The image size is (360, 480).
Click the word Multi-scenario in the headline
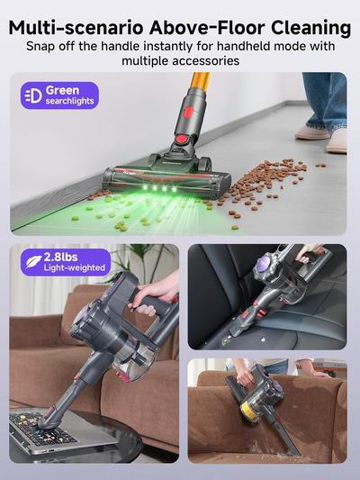tap(76, 28)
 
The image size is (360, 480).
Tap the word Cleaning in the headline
tap(310, 28)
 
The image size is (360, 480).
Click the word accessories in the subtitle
tap(206, 61)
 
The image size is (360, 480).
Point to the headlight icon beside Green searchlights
tap(32, 96)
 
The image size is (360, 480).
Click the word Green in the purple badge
tap(62, 90)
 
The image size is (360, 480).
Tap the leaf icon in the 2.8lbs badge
tap(33, 262)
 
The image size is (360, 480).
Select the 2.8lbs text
tap(61, 258)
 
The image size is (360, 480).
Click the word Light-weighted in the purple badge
tap(75, 267)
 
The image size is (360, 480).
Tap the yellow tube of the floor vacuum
tap(201, 81)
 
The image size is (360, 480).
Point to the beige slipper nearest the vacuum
tap(312, 133)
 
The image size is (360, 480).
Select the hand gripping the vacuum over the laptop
tap(156, 294)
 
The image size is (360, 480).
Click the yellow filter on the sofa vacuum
tap(248, 412)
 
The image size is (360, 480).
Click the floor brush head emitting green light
tap(166, 177)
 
